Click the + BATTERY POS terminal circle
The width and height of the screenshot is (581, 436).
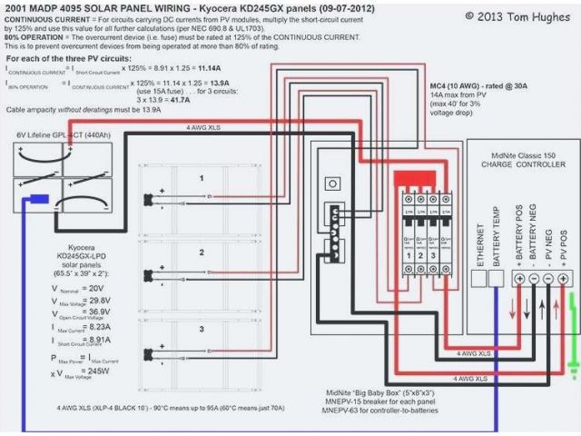click(x=519, y=278)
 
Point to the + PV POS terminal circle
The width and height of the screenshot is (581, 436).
click(x=564, y=278)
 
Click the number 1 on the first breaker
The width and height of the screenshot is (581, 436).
click(x=409, y=257)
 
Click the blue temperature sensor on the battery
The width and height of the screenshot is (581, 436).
click(x=35, y=199)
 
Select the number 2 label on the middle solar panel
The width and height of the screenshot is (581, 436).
click(x=201, y=252)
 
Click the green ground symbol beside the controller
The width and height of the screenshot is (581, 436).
click(x=572, y=367)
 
